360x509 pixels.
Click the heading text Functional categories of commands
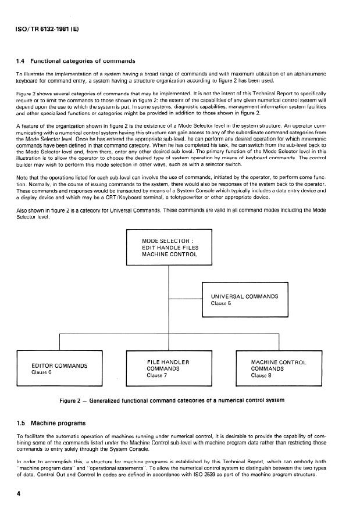point(87,61)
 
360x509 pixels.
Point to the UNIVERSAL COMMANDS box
point(245,300)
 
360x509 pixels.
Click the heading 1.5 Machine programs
point(52,422)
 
